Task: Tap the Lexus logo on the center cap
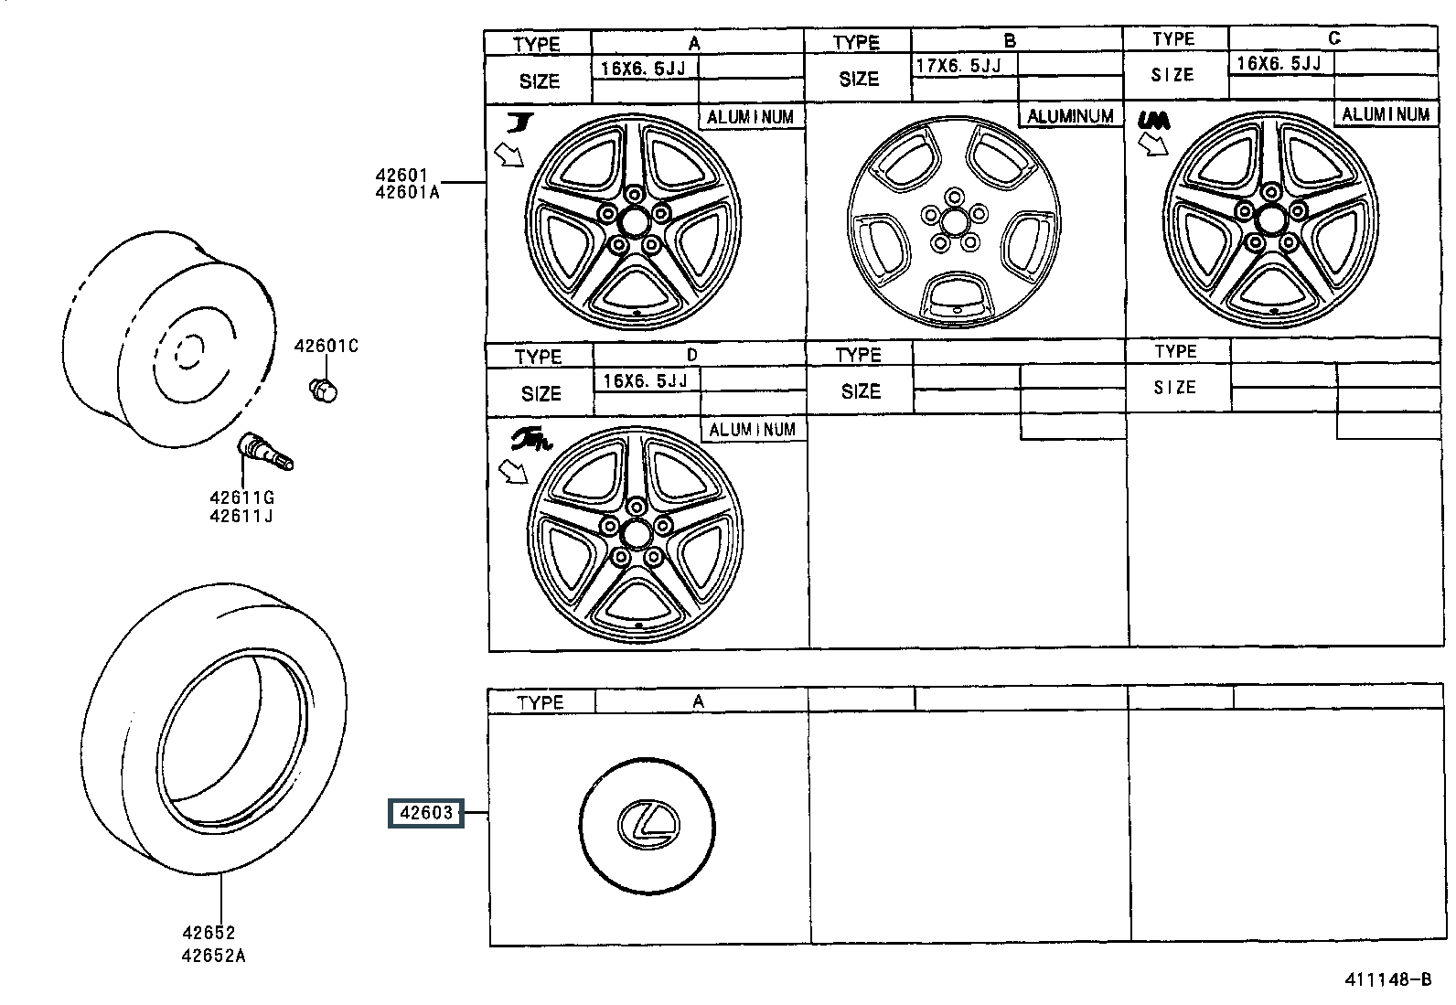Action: click(x=648, y=822)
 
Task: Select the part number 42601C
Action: click(x=326, y=346)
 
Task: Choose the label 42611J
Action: click(x=241, y=516)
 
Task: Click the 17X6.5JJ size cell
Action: click(x=958, y=65)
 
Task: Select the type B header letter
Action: click(x=1010, y=40)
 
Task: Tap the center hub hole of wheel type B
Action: click(x=954, y=220)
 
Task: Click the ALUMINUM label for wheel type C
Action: click(x=1385, y=114)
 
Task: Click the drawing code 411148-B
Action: click(x=1386, y=979)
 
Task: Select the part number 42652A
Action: click(x=213, y=956)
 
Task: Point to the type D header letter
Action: click(x=692, y=355)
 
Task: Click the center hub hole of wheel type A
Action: click(x=633, y=220)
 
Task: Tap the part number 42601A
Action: click(x=407, y=192)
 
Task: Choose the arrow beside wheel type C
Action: click(x=1152, y=144)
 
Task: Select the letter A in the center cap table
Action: click(x=698, y=701)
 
